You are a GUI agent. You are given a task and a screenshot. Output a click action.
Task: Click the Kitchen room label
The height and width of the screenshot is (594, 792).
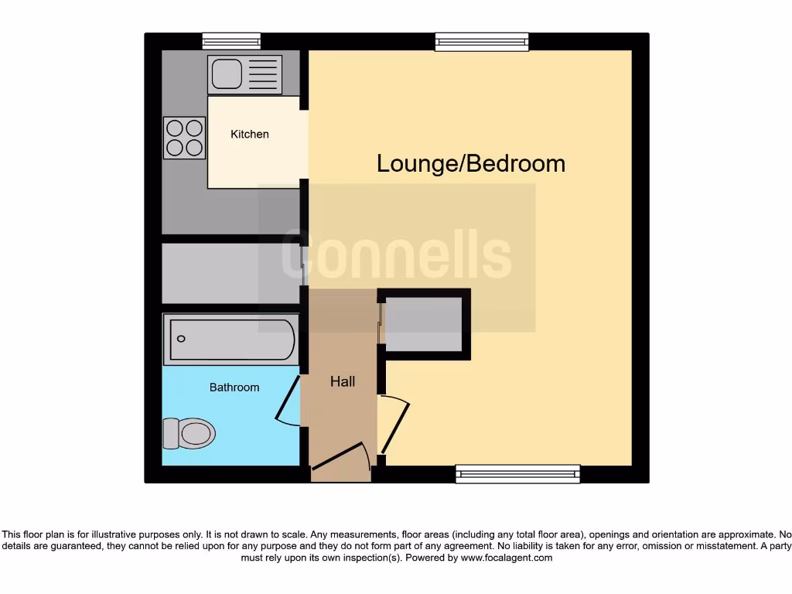tap(250, 135)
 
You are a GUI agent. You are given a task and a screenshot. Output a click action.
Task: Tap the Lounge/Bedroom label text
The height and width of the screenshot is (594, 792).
tap(470, 164)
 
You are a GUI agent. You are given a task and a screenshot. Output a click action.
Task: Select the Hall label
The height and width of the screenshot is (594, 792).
tap(343, 381)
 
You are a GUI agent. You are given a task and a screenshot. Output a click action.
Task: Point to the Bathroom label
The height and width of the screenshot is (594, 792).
tap(234, 387)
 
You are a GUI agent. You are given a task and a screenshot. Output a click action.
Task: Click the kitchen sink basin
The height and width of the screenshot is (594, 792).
tap(225, 75)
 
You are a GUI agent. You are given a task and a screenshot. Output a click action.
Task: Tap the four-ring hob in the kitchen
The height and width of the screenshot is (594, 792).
tap(184, 138)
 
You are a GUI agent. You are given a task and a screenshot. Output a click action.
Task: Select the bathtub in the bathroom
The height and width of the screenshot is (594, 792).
tap(230, 339)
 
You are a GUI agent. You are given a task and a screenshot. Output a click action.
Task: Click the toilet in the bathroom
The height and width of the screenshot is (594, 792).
tap(188, 433)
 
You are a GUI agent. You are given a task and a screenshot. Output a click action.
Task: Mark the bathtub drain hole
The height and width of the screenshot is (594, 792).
tap(182, 339)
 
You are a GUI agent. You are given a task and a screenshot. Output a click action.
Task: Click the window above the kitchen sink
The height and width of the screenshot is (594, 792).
tap(231, 40)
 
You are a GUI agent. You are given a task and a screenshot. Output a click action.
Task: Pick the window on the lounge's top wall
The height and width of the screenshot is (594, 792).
tap(482, 41)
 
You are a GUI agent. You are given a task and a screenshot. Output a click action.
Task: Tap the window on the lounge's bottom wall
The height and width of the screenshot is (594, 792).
tap(517, 473)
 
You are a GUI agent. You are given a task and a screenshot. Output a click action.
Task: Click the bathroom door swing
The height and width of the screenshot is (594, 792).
tap(288, 401)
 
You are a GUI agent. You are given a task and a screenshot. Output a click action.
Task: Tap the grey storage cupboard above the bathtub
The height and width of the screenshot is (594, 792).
tap(230, 274)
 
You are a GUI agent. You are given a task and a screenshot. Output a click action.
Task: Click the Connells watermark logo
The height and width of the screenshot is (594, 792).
tap(396, 255)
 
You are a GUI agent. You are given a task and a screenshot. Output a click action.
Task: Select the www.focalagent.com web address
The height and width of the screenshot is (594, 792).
tap(507, 558)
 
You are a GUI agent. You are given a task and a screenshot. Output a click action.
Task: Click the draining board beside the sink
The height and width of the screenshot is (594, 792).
tap(262, 75)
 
